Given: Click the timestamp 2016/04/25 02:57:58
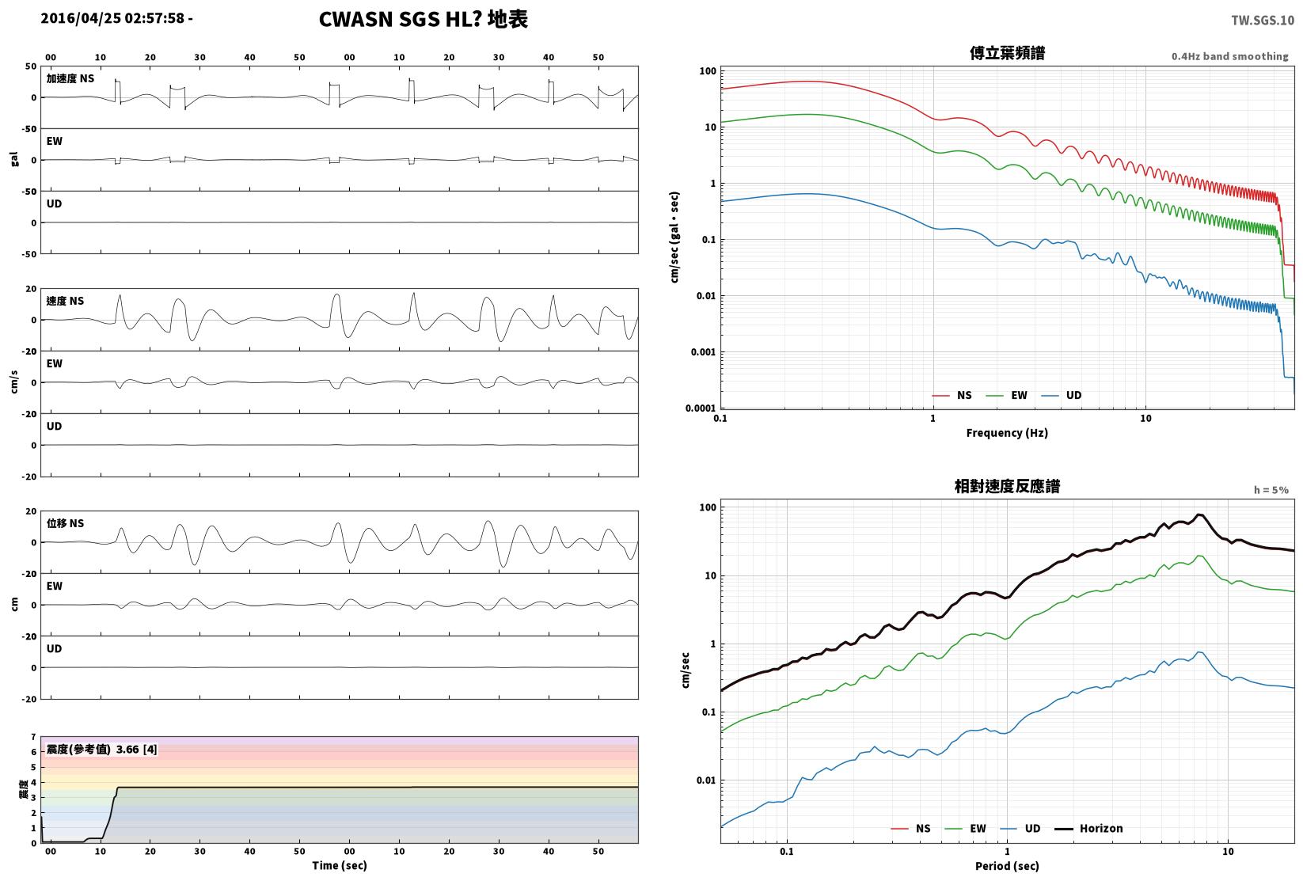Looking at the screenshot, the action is tap(113, 18).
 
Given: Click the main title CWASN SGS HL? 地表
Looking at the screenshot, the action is tap(424, 19).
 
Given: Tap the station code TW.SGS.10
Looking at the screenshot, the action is tap(1263, 21).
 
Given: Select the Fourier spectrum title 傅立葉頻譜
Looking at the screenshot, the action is tap(1007, 53).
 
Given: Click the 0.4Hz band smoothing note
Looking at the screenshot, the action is tap(1229, 56).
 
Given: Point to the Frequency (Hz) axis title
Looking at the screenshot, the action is tap(1007, 433).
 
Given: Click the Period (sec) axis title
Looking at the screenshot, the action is tap(1007, 866).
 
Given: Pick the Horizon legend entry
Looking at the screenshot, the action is tap(1089, 828).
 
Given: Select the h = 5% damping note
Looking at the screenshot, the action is tap(1271, 490).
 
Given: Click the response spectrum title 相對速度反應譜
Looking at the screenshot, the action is tap(1007, 486).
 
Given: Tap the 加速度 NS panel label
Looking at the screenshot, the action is tap(70, 78).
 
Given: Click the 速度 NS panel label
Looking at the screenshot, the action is tap(65, 302).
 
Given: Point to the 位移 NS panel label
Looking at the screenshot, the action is tap(65, 523).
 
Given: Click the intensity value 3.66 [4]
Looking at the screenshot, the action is tap(137, 749).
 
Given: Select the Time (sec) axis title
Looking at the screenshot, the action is tap(340, 865).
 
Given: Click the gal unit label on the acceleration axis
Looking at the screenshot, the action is tap(14, 159).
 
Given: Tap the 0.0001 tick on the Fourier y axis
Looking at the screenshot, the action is tap(701, 408).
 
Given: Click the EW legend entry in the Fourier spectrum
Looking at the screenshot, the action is tap(1007, 396).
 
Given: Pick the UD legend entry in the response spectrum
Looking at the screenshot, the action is tap(1021, 828).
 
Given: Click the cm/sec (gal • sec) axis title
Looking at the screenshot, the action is tap(674, 237).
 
